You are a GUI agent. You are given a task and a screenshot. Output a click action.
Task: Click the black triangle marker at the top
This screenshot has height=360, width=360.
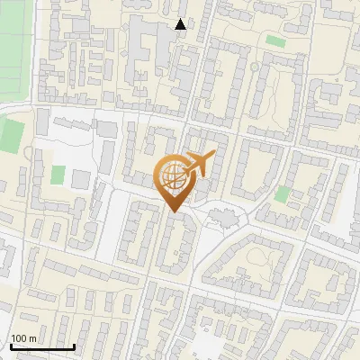(x=181, y=24)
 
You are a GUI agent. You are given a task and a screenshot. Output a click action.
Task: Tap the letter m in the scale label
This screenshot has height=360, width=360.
(x=33, y=338)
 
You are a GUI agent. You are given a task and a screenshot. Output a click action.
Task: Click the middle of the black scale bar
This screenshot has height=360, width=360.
(x=42, y=346)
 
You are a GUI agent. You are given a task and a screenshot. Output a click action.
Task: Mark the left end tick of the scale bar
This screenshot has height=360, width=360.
(x=11, y=346)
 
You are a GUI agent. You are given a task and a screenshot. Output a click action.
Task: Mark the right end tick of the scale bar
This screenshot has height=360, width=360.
(x=74, y=346)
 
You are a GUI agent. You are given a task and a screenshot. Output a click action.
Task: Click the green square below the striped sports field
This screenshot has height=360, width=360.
(x=11, y=135)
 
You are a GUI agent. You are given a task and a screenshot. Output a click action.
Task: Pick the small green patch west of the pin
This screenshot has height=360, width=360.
(x=58, y=174)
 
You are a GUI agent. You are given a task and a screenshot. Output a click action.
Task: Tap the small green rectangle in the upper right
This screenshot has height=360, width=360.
(x=275, y=41)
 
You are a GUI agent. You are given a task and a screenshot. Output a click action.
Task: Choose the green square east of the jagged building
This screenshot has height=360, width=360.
(x=282, y=193)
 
